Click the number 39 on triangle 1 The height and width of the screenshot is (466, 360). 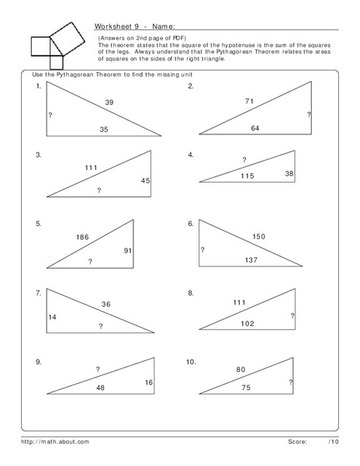point(109,102)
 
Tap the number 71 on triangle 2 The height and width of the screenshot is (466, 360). point(249,102)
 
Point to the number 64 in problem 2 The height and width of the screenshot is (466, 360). point(254,128)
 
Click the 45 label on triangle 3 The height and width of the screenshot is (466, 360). point(144,180)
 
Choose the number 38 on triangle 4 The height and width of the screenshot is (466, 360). point(289,174)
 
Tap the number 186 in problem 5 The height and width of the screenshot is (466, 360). point(83,237)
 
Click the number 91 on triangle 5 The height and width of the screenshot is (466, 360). point(129,250)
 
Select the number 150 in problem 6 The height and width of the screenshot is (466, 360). point(258,236)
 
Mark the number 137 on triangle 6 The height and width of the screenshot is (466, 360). point(251,259)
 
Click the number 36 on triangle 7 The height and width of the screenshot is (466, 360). point(106,304)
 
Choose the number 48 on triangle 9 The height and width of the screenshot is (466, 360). point(100,387)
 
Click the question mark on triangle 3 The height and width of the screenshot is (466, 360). point(98,190)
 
